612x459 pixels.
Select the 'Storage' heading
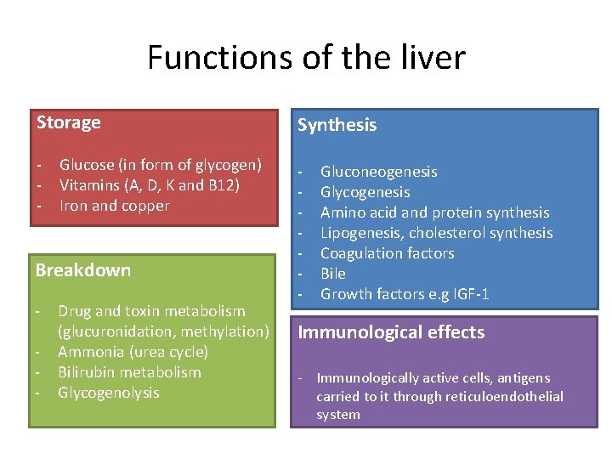(x=69, y=122)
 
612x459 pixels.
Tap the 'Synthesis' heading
(x=337, y=125)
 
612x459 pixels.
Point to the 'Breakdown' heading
(x=83, y=270)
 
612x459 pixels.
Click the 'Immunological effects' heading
(x=391, y=332)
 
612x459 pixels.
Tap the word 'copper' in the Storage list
(x=145, y=206)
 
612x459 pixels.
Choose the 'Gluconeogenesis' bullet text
(x=379, y=172)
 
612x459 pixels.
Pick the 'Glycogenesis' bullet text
(x=365, y=192)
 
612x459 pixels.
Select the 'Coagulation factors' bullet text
(x=388, y=253)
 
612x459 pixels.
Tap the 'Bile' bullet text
(x=333, y=274)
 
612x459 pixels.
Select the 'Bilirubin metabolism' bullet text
(x=130, y=372)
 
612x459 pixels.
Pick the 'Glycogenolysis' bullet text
(x=109, y=393)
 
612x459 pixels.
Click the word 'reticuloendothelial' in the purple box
(x=507, y=397)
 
